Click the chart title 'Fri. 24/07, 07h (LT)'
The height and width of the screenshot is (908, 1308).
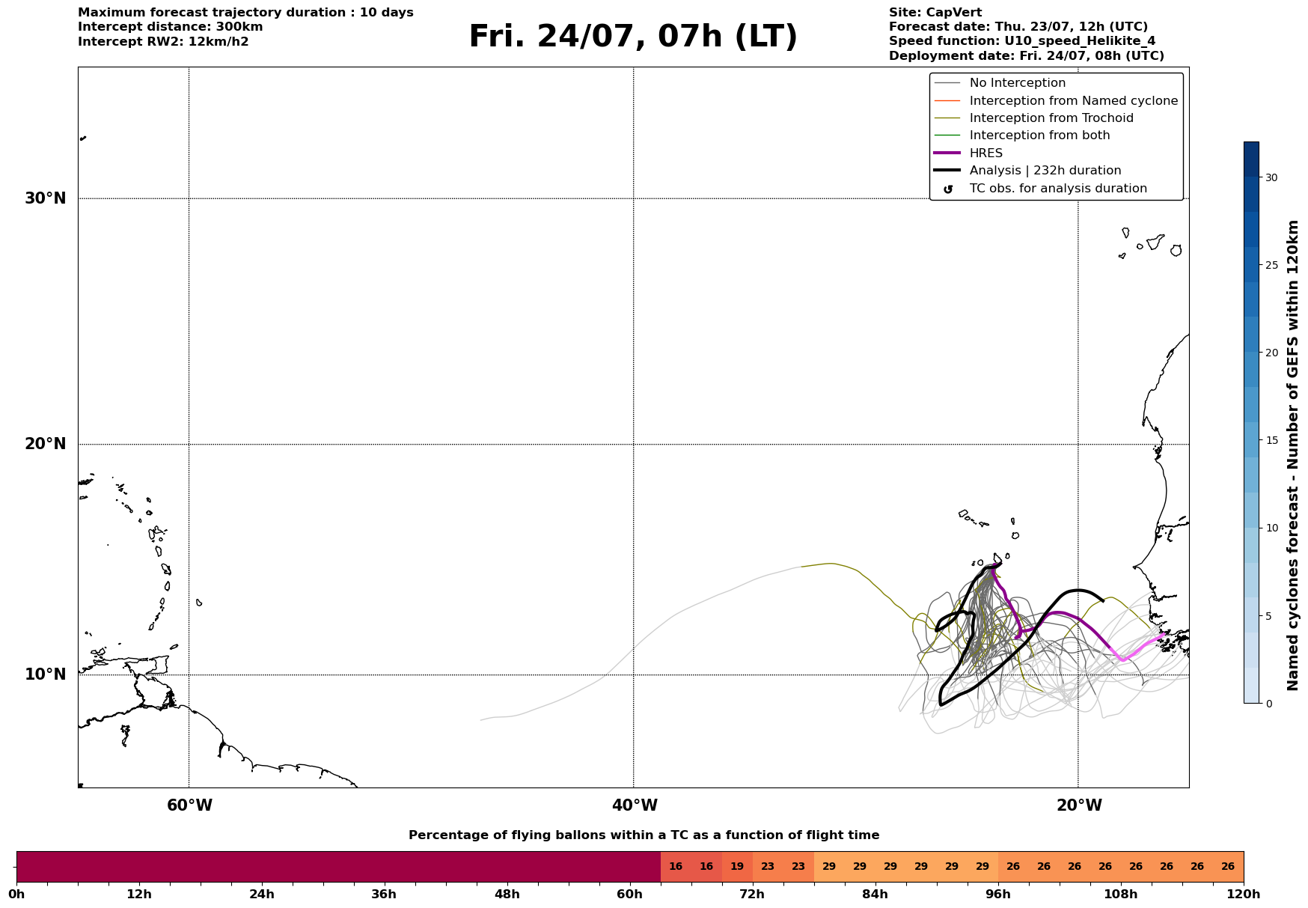[633, 37]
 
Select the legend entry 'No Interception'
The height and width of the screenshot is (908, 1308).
[1017, 83]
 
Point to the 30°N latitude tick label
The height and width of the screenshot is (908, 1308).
[46, 198]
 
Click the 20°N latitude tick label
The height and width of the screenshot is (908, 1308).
[46, 444]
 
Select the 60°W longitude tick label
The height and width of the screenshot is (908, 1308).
[189, 805]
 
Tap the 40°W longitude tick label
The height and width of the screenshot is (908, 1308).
[635, 805]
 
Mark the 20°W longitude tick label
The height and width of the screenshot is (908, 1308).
[1079, 805]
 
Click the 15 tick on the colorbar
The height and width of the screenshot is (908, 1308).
[1271, 440]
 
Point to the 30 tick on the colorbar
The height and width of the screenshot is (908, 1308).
[1271, 177]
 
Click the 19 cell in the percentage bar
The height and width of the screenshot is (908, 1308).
[737, 867]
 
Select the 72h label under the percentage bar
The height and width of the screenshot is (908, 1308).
[753, 894]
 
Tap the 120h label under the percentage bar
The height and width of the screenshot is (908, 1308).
[1244, 894]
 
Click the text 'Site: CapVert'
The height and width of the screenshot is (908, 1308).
[935, 13]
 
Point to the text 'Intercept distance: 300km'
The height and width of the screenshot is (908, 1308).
[171, 27]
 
